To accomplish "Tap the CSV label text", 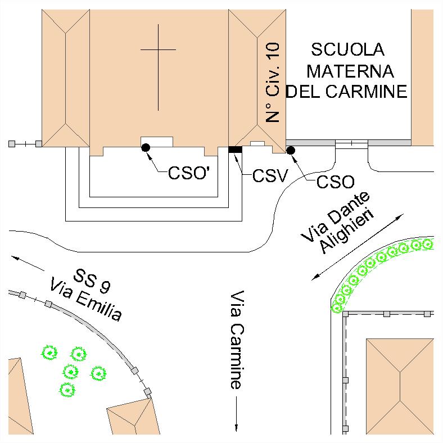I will [x=270, y=177].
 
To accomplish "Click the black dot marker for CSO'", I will [x=146, y=147].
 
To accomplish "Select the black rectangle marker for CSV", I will [x=235, y=149].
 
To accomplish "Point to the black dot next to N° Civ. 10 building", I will [x=291, y=150].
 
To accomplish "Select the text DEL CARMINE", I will [x=346, y=91].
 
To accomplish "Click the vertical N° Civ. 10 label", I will [x=273, y=85].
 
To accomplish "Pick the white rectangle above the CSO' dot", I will [x=156, y=142].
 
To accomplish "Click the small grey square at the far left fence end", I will [x=11, y=144].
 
